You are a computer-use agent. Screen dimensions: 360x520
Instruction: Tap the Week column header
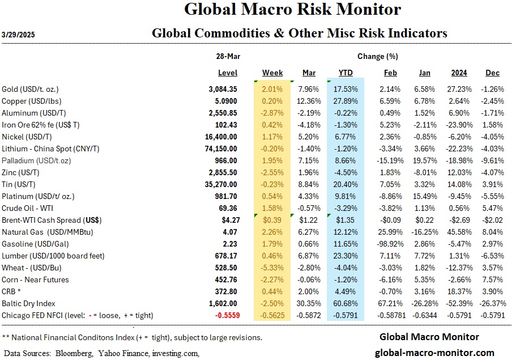click(272, 73)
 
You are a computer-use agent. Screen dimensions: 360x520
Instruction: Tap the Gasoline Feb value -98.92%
click(390, 244)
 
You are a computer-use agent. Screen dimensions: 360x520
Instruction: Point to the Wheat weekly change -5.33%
click(273, 268)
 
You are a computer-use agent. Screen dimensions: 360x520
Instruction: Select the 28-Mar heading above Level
click(227, 57)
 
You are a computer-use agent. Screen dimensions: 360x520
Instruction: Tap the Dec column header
click(492, 73)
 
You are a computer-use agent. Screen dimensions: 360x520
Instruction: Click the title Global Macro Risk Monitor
click(292, 10)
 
